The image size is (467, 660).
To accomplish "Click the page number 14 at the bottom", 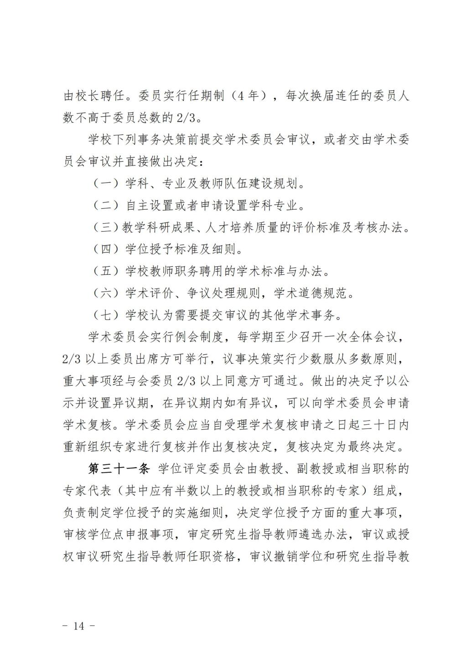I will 79,626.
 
